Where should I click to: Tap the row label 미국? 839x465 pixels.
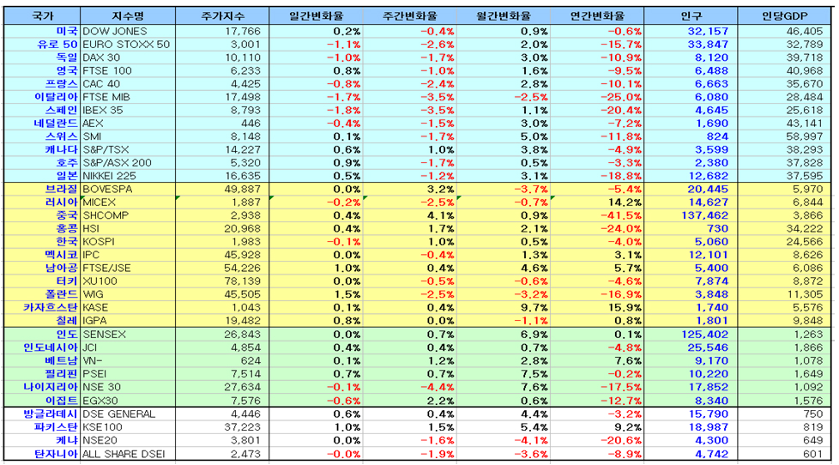point(66,31)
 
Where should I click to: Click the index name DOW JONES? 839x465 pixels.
point(114,31)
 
